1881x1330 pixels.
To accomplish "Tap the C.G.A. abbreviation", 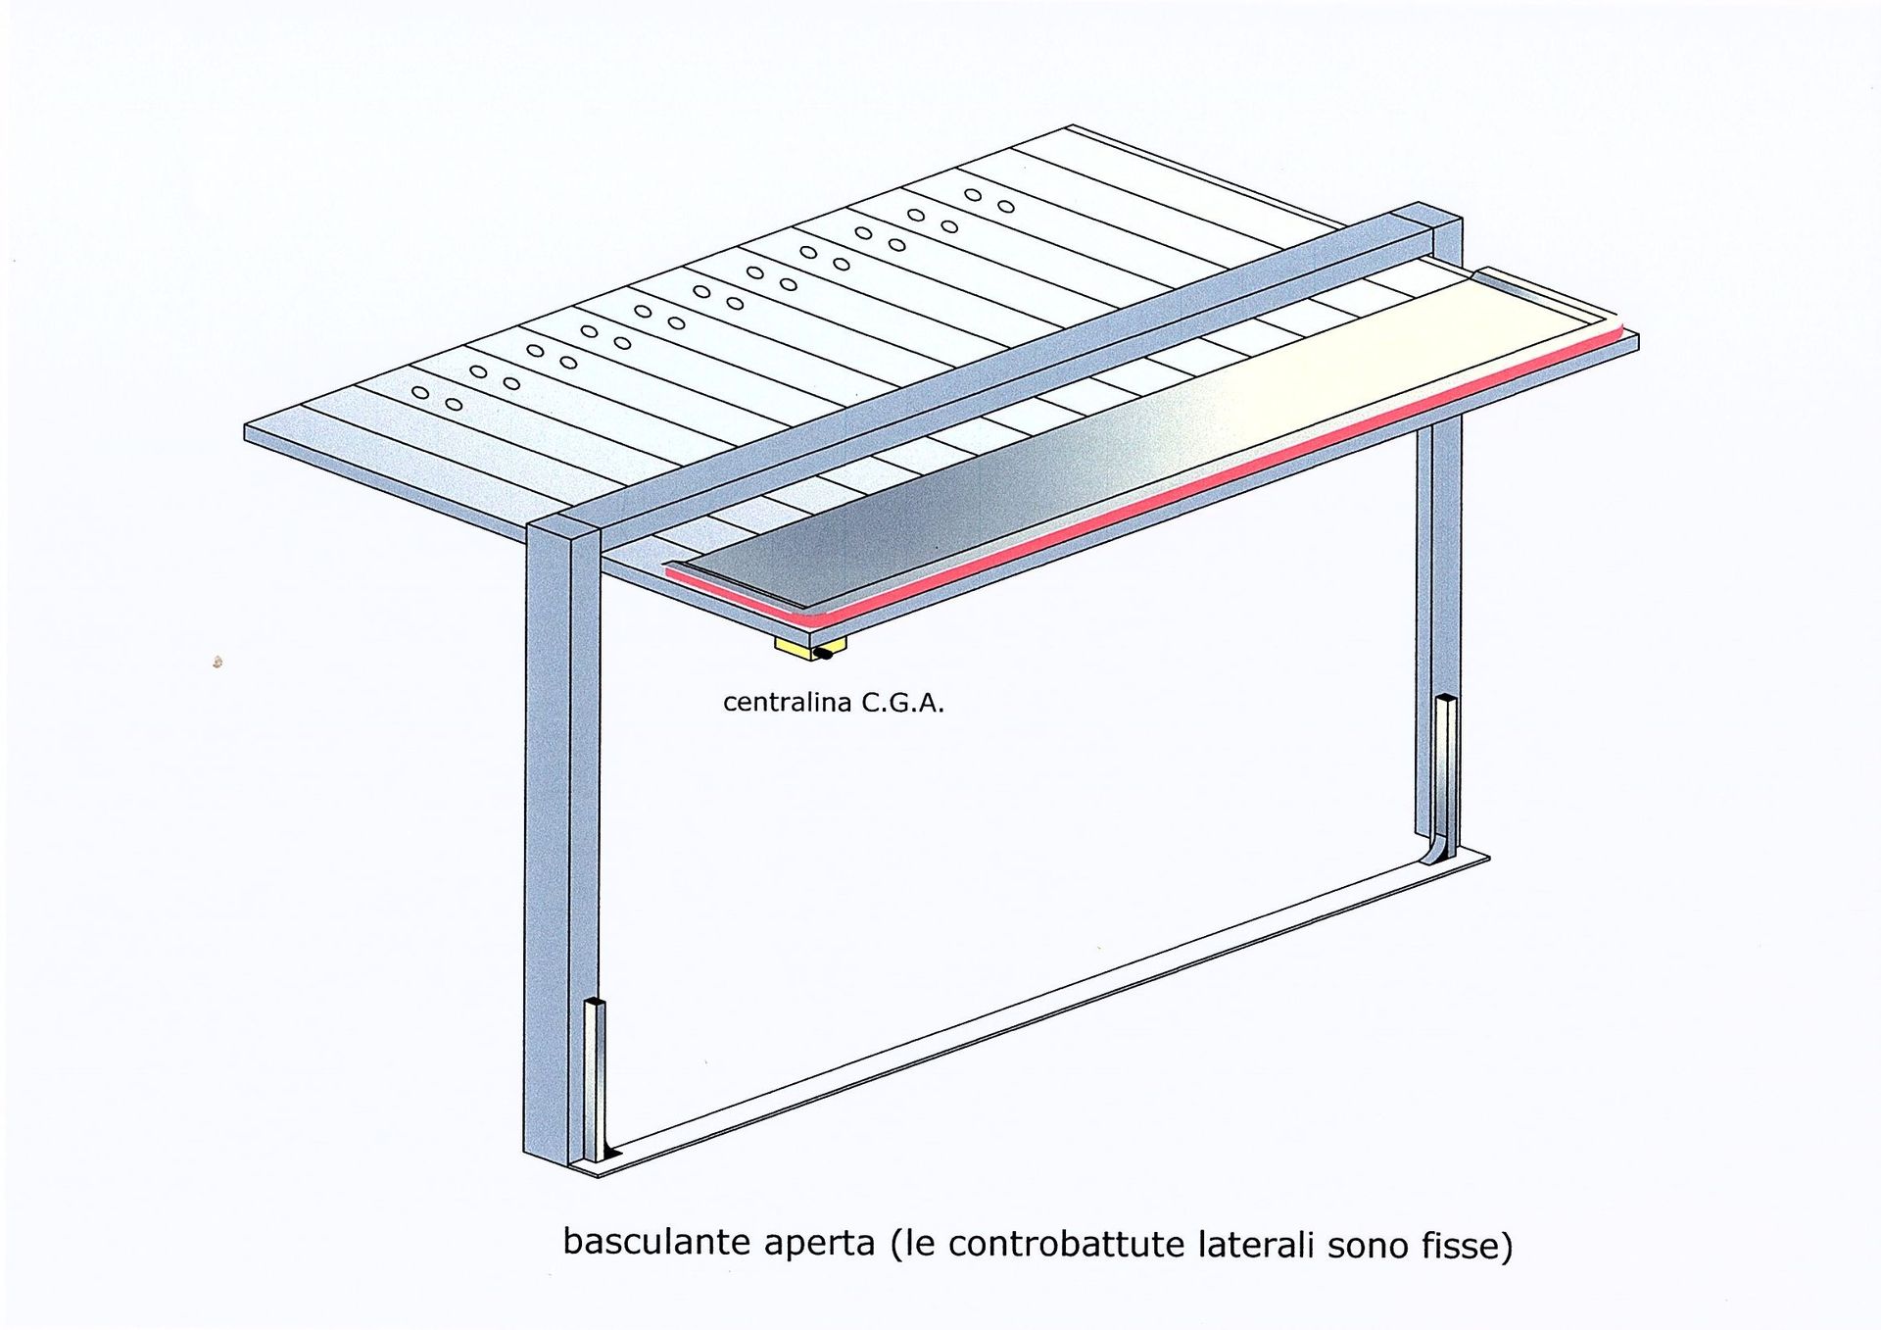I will [902, 703].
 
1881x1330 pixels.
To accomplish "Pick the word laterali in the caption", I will [1257, 1245].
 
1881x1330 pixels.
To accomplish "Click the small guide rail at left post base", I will [595, 1078].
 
